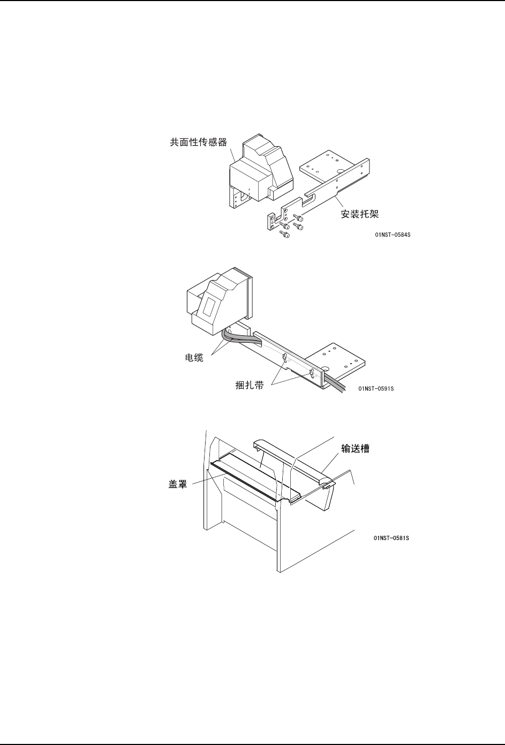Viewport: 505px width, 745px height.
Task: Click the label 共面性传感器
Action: tap(199, 142)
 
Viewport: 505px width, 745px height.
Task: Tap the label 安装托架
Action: tap(360, 214)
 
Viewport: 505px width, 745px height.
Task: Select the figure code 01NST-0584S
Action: tap(393, 235)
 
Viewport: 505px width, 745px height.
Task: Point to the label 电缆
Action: tap(194, 358)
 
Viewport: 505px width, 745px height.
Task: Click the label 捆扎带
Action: tap(250, 385)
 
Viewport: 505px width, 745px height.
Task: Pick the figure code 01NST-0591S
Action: tap(376, 388)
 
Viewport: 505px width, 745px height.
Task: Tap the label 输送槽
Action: tap(356, 449)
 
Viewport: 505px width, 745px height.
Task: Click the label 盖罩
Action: tap(178, 484)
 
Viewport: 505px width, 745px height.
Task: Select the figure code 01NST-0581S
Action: tap(391, 538)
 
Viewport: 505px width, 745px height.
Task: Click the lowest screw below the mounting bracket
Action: tap(285, 234)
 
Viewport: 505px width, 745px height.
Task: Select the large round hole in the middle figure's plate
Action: tap(326, 368)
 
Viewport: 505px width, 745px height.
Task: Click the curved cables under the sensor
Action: tap(241, 338)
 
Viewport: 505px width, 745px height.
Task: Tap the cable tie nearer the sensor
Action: tap(285, 358)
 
